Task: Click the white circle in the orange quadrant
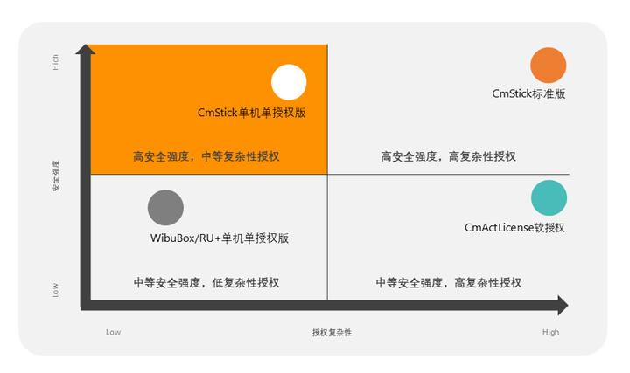[289, 82]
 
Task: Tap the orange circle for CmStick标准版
[549, 66]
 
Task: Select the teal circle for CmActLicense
[549, 198]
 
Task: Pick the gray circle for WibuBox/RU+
[165, 208]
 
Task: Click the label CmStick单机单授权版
[251, 113]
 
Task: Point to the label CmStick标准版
[528, 93]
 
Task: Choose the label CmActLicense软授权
[514, 227]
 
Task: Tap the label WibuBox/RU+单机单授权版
[220, 238]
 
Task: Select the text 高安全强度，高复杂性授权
[448, 157]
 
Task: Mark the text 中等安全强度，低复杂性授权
[206, 283]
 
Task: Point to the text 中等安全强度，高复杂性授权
[448, 283]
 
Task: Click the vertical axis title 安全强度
[56, 175]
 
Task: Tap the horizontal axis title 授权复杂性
[332, 332]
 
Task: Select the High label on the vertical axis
[56, 63]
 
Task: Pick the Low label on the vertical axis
[56, 288]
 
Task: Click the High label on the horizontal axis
[550, 332]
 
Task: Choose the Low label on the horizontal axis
[113, 332]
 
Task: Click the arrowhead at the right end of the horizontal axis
[562, 306]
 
